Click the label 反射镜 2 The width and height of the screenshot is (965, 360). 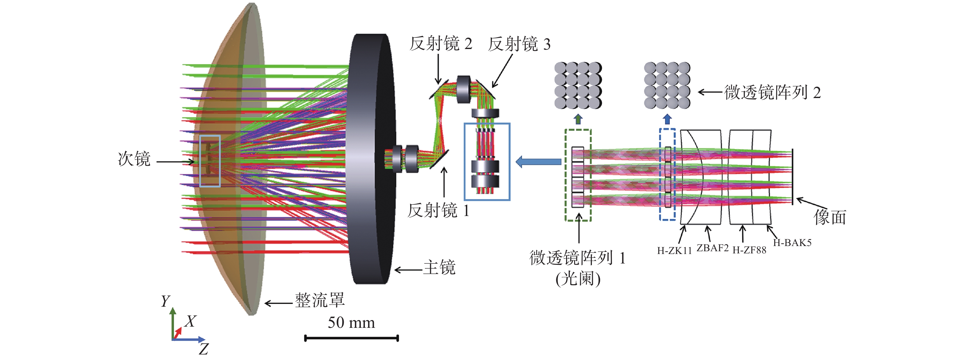(x=441, y=44)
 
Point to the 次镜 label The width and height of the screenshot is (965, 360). (x=134, y=159)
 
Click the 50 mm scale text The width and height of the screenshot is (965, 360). (x=351, y=323)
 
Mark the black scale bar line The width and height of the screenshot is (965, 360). (x=351, y=338)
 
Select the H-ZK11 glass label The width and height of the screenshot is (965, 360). (x=674, y=251)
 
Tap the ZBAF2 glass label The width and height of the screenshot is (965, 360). (x=713, y=248)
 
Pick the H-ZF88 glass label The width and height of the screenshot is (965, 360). (x=749, y=250)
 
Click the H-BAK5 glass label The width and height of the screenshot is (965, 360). (x=792, y=243)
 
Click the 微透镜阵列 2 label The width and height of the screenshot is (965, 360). (x=772, y=93)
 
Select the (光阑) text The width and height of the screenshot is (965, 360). (x=578, y=279)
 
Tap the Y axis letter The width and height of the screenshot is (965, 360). (x=165, y=301)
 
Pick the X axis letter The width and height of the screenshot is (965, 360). (x=190, y=321)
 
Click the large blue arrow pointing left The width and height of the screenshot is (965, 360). (x=538, y=162)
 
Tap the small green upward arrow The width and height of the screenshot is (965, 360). (x=578, y=119)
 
